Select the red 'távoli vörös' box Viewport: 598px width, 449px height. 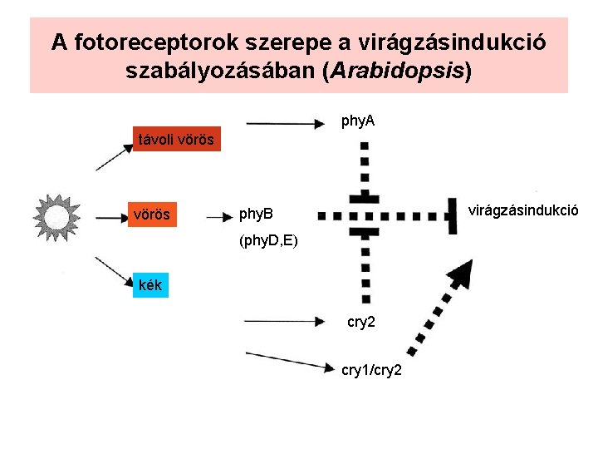(176, 139)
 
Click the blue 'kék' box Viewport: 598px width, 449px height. (151, 285)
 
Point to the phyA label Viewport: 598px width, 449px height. (358, 121)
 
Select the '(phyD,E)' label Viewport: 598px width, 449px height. (267, 242)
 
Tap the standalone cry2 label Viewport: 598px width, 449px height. (361, 321)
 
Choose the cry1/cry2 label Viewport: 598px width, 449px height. (372, 369)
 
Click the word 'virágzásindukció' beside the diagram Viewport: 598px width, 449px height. (523, 210)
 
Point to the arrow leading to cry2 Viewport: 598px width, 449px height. (283, 320)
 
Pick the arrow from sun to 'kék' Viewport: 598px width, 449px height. (115, 271)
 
